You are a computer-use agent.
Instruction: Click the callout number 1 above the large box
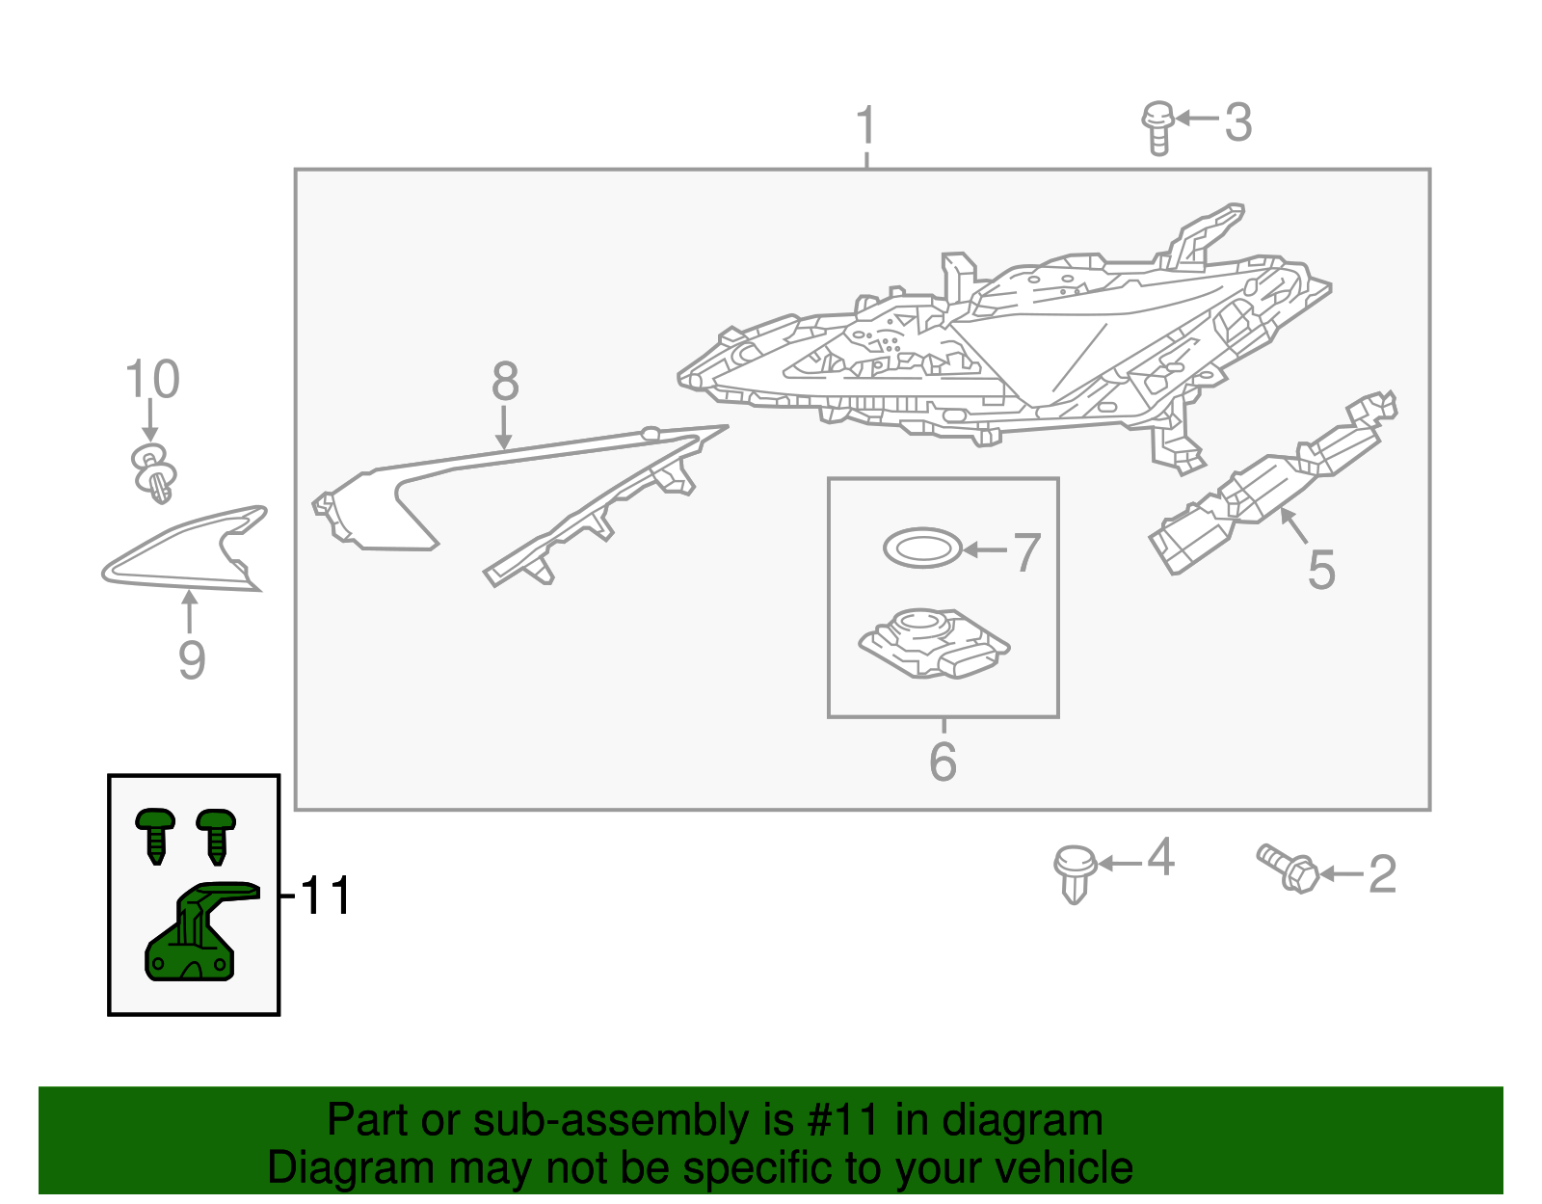pyautogui.click(x=866, y=126)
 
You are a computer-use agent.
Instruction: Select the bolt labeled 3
pyautogui.click(x=1157, y=127)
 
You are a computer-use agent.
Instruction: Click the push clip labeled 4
pyautogui.click(x=1075, y=871)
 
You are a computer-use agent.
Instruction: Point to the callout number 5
pyautogui.click(x=1321, y=570)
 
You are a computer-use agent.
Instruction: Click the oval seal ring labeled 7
pyautogui.click(x=922, y=548)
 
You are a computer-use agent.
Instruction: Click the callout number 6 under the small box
pyautogui.click(x=943, y=762)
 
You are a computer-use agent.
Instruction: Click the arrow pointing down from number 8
pyautogui.click(x=504, y=428)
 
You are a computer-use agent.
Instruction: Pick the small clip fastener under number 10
pyautogui.click(x=154, y=473)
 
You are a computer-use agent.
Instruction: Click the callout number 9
pyautogui.click(x=192, y=660)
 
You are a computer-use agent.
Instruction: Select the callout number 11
pyautogui.click(x=326, y=896)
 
